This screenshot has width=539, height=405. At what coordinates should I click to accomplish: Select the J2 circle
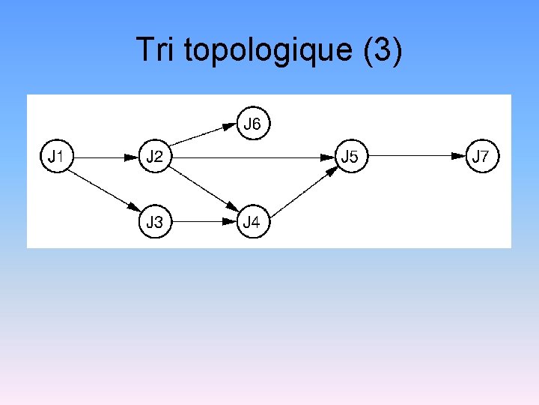pyautogui.click(x=155, y=157)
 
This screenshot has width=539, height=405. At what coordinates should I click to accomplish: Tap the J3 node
pyautogui.click(x=155, y=222)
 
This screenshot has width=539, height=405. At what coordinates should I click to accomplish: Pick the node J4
pyautogui.click(x=253, y=222)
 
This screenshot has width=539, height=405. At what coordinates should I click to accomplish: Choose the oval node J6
pyautogui.click(x=253, y=124)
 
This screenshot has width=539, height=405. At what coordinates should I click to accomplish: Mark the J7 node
pyautogui.click(x=481, y=157)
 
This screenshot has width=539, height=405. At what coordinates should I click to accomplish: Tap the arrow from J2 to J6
pyautogui.click(x=202, y=134)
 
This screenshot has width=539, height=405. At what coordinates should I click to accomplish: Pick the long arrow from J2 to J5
pyautogui.click(x=247, y=157)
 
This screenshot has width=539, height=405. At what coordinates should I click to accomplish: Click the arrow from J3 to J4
pyautogui.click(x=202, y=222)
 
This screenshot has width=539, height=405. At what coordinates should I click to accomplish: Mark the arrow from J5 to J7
pyautogui.click(x=415, y=157)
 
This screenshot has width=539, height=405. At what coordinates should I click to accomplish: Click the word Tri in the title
pyautogui.click(x=155, y=50)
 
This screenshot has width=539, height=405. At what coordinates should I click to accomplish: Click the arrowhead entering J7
pyautogui.click(x=458, y=157)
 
